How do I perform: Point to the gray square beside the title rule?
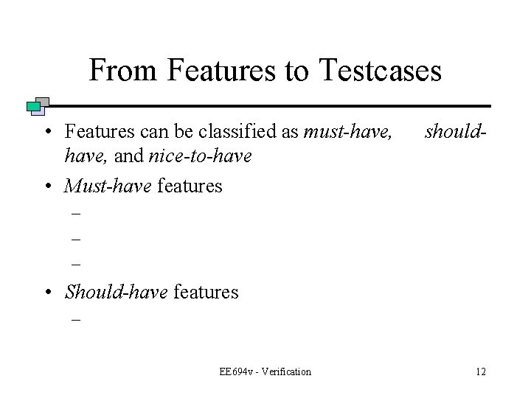[x=43, y=102]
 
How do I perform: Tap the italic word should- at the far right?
[x=457, y=132]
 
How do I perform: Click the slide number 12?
[x=481, y=371]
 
